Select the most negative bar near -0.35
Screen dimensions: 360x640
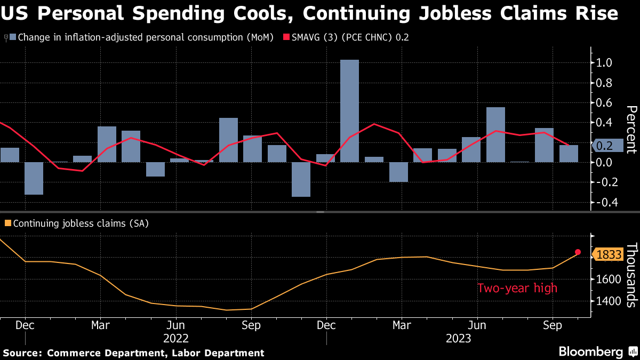point(301,179)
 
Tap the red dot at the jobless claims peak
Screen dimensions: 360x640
point(578,252)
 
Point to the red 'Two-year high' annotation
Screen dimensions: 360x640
point(517,289)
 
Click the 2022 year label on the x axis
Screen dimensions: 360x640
point(176,338)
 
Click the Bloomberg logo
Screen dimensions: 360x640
point(590,352)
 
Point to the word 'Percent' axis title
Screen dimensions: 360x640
point(631,130)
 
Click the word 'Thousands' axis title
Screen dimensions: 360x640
point(631,275)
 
